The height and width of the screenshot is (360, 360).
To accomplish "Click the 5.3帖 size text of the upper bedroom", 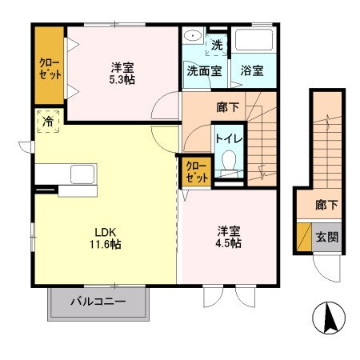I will point(122,80).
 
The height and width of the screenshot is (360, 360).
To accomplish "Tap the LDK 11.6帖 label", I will point(105,245).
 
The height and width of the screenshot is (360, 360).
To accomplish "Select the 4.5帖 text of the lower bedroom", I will point(228,243).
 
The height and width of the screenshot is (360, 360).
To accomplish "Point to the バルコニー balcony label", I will point(98,302).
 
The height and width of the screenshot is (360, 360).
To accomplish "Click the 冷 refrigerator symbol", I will point(48,123).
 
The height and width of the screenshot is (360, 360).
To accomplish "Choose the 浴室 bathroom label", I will point(253,70).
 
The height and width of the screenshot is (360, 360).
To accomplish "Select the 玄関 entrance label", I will point(326,236).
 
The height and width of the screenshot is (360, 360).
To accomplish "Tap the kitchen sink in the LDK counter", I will point(82,174).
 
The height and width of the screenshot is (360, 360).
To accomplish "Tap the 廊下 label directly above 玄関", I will point(326,206).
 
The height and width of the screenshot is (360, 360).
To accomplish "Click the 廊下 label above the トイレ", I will point(226,104).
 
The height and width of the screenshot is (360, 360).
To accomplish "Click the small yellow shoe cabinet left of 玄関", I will point(303,236).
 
